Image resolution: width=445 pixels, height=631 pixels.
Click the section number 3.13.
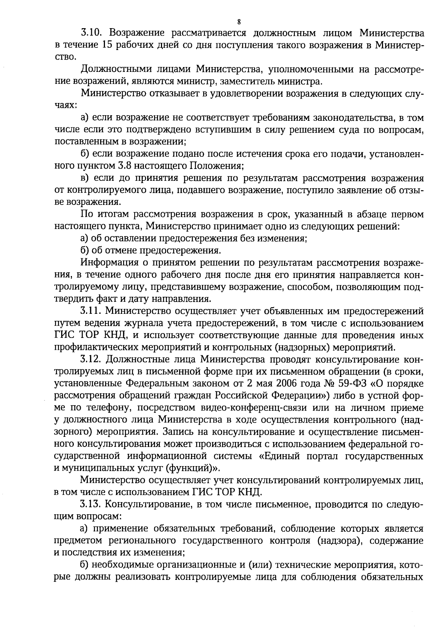click(x=91, y=504)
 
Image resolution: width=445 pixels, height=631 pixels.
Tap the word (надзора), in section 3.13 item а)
click(x=339, y=541)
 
